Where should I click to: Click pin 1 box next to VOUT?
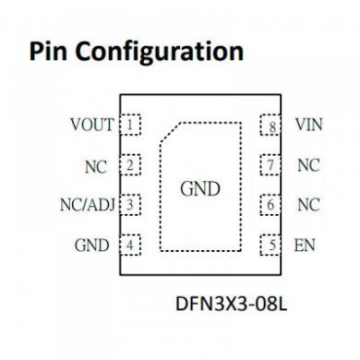coord(132,124)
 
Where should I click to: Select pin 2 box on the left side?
coord(132,165)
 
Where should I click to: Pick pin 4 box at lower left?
coord(132,246)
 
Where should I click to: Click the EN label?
coord(304,246)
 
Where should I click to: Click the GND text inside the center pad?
coord(199,189)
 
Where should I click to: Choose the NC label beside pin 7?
coord(307,165)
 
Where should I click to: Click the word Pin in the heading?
coord(52,50)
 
